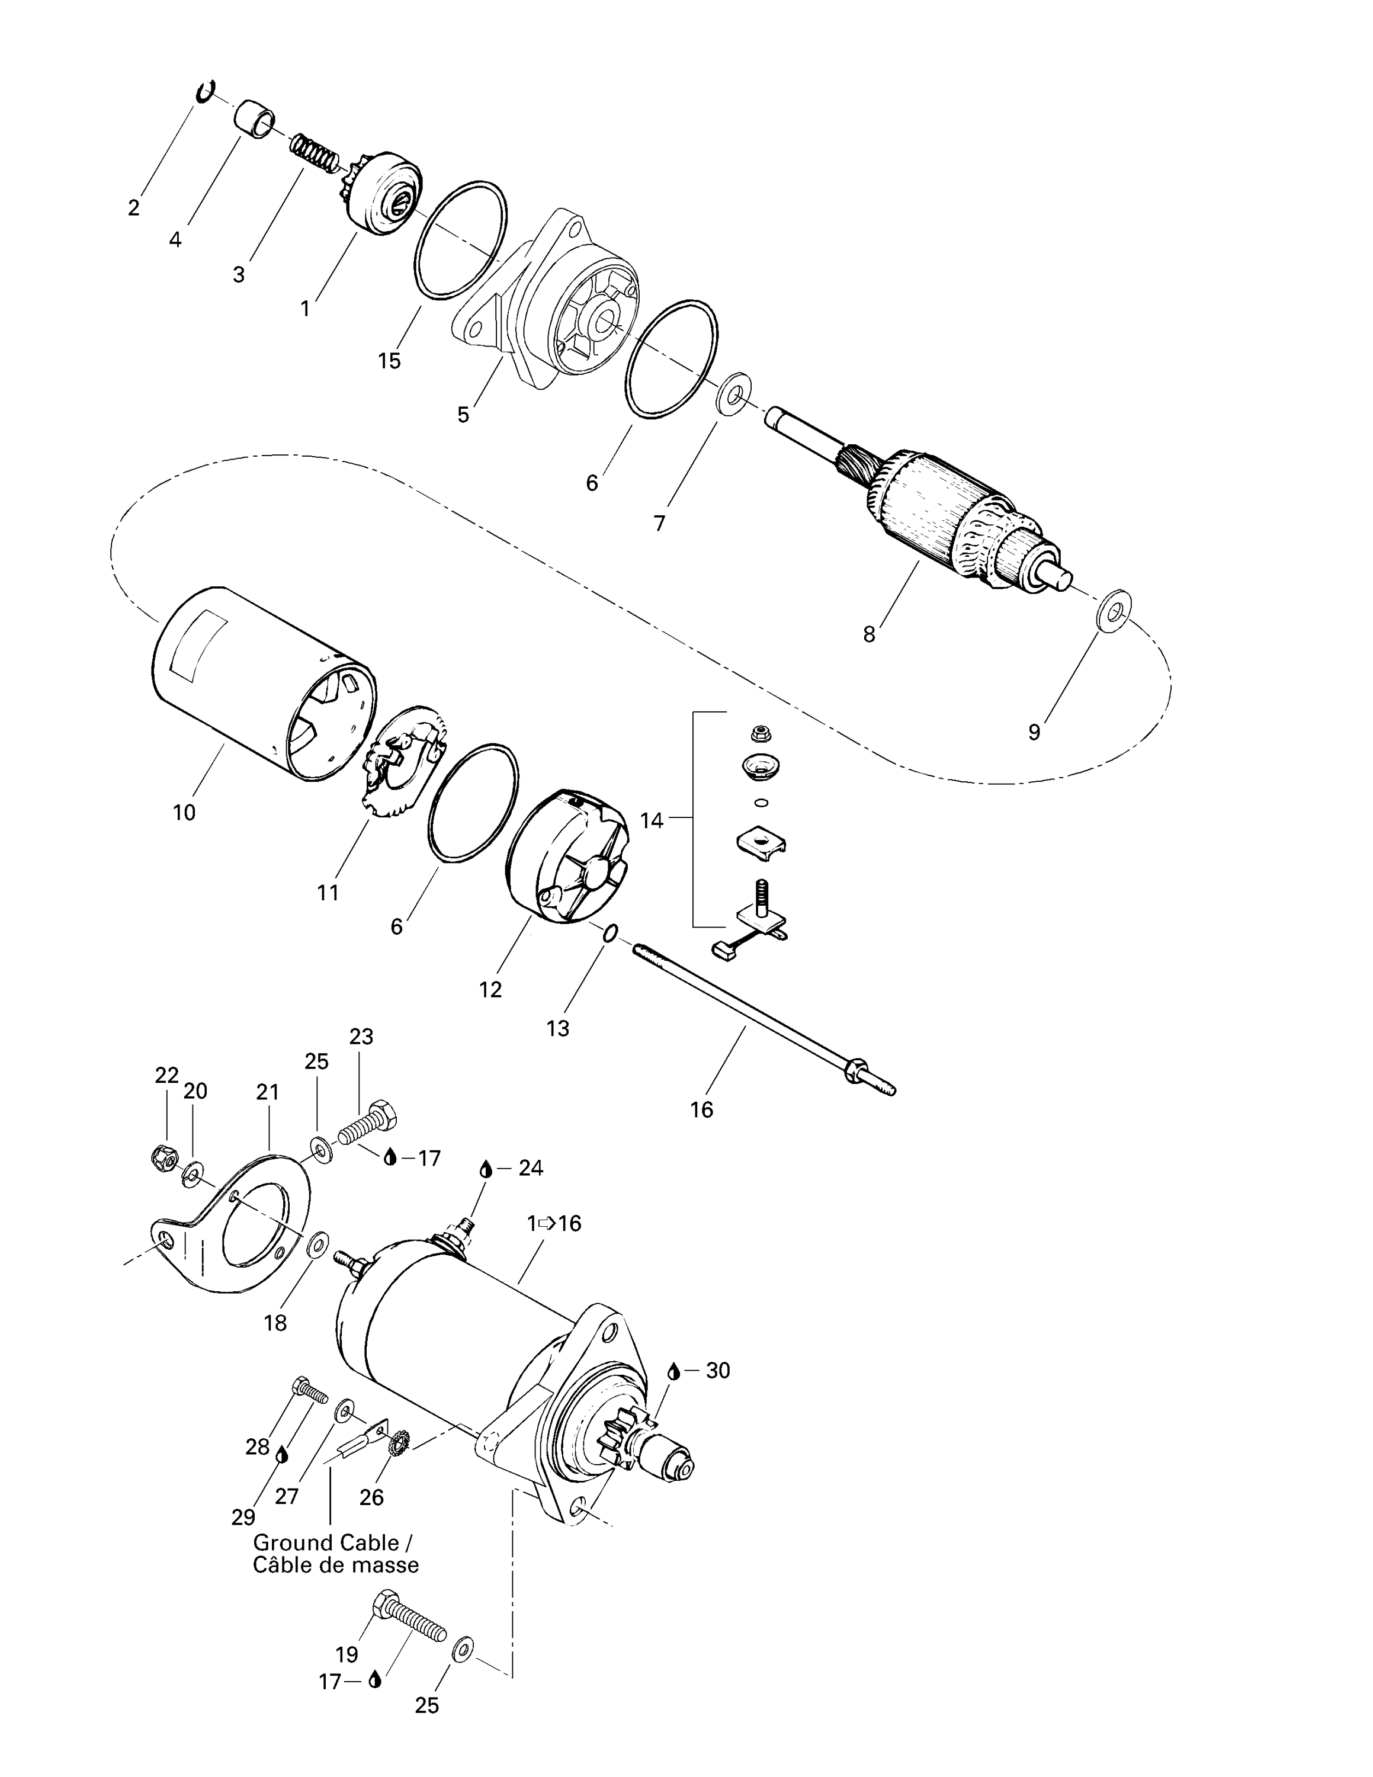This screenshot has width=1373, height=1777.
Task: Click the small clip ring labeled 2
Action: coord(205,91)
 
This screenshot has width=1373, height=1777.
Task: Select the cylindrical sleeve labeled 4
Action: coord(255,119)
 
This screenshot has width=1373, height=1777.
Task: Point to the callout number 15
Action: coord(390,361)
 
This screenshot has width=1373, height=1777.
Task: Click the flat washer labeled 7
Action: coord(734,394)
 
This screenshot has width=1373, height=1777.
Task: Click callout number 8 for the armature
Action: coord(869,634)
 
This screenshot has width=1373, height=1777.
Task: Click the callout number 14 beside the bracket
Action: coord(652,820)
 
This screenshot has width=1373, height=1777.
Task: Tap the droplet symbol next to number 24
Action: coord(486,1169)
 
